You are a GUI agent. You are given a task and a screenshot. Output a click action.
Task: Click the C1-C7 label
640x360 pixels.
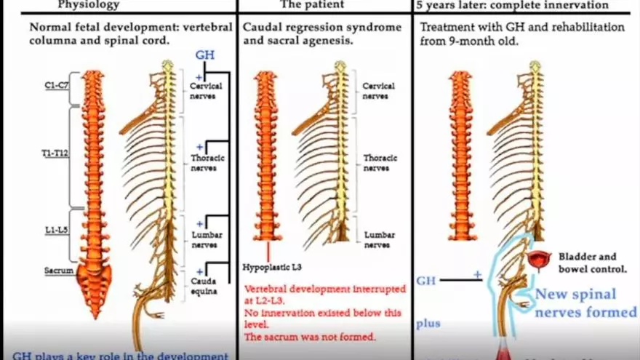57,85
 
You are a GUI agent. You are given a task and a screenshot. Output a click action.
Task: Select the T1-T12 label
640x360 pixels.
56,154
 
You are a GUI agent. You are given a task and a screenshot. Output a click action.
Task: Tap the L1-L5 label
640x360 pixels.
56,230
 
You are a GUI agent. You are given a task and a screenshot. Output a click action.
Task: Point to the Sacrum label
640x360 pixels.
58,271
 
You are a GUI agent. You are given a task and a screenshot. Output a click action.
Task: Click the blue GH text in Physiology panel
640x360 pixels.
204,55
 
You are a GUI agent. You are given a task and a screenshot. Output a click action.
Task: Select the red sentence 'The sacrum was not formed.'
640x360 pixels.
310,337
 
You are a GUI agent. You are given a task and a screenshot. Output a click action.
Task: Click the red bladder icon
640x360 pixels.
540,260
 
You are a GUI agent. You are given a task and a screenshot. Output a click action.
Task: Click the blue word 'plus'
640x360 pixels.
428,323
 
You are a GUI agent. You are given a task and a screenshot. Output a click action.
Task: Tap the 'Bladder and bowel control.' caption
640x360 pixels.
593,263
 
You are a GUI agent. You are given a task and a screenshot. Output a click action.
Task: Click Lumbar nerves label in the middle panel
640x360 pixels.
379,240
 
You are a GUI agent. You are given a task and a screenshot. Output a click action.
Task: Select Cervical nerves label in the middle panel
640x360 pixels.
379,90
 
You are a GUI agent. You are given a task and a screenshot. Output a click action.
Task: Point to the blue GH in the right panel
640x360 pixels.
426,279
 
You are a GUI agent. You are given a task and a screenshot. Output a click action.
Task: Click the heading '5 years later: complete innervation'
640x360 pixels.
512,5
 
